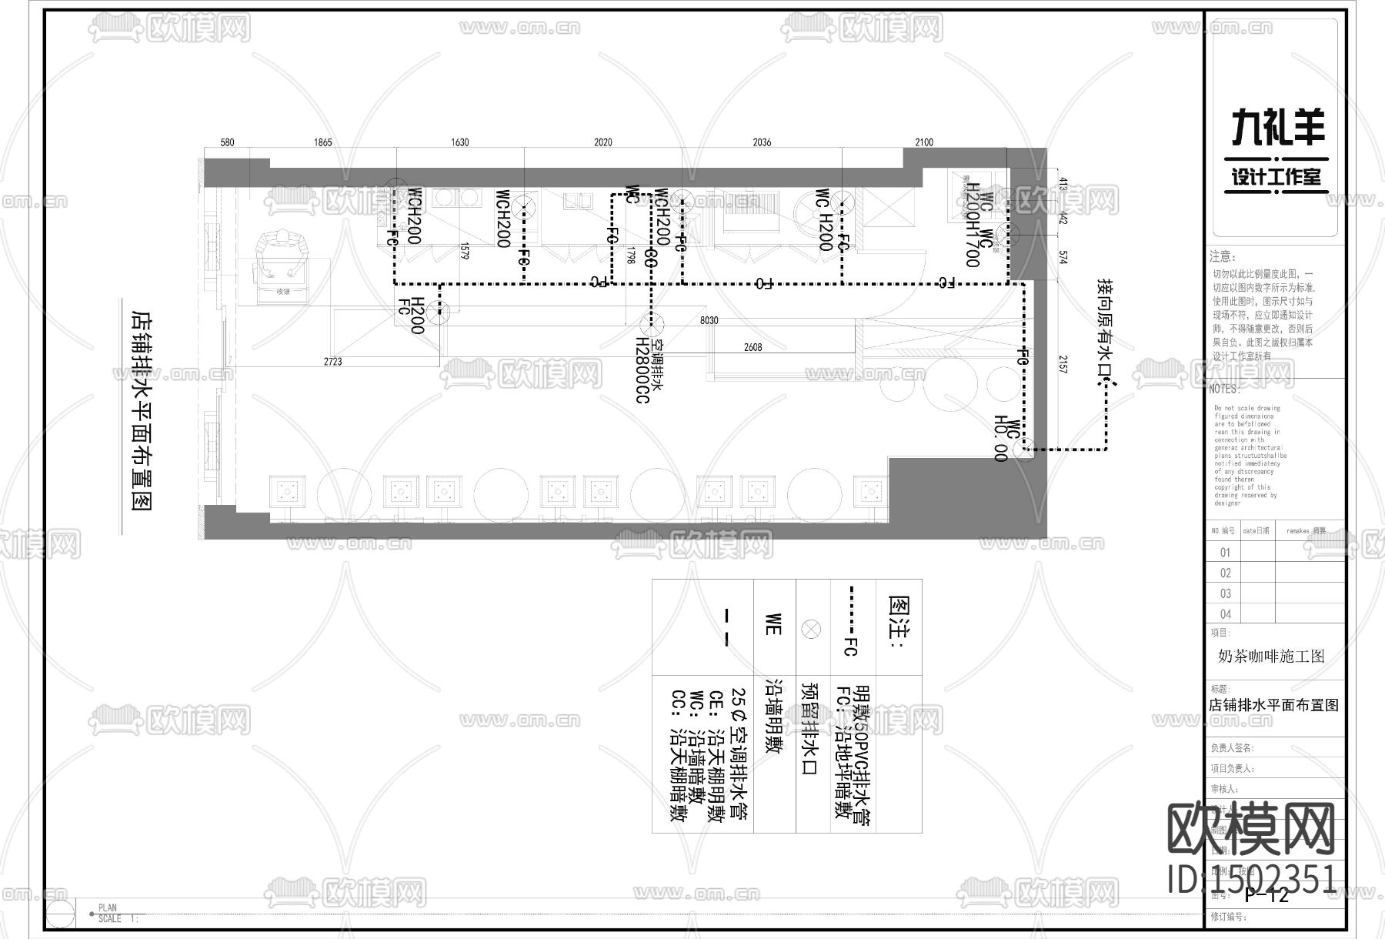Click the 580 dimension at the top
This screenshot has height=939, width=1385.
click(227, 142)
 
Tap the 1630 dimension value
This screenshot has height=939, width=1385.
click(459, 142)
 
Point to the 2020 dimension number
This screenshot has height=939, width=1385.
click(602, 142)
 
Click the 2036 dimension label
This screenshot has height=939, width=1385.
click(761, 142)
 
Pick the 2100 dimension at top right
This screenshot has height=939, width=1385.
click(923, 142)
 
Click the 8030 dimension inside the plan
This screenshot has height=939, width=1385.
click(709, 320)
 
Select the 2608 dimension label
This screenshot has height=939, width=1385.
click(753, 348)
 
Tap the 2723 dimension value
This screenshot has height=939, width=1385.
click(332, 361)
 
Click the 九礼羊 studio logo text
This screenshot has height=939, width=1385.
click(1278, 127)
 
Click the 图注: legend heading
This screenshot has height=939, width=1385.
click(899, 623)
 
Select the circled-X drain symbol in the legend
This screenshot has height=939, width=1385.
click(811, 630)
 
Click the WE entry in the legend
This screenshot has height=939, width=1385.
click(774, 624)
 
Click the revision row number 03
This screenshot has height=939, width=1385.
click(1226, 593)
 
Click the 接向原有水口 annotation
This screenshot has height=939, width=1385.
click(1106, 331)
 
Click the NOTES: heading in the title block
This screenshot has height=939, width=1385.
click(1224, 389)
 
